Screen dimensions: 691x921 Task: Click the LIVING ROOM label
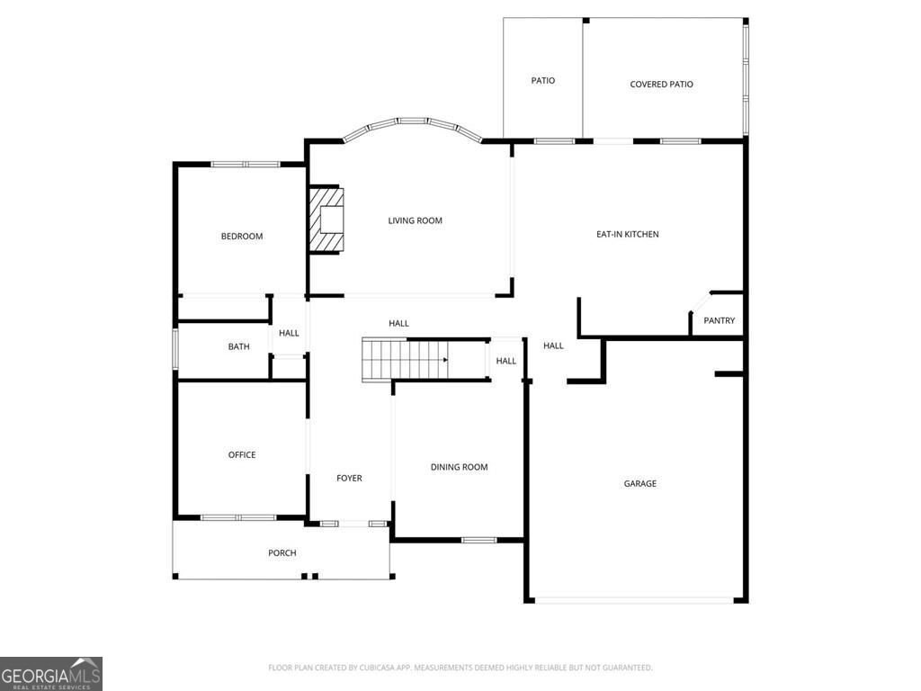(415, 220)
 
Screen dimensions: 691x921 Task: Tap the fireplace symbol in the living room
(326, 220)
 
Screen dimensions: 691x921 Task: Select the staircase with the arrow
(405, 360)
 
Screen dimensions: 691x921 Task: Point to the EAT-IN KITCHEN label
(628, 234)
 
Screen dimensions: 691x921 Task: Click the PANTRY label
(719, 320)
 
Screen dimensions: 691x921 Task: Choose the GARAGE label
(639, 483)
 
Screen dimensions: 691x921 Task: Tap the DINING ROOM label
(459, 467)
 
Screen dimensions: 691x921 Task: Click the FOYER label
(349, 478)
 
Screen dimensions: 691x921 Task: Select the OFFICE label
(242, 454)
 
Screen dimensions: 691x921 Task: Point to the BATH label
(238, 346)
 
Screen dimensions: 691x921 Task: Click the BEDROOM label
(242, 236)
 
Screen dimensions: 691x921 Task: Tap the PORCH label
(282, 552)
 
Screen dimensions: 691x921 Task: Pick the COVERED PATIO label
(661, 84)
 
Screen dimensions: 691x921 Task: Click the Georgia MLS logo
(51, 674)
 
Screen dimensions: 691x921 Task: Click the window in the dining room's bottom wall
(478, 540)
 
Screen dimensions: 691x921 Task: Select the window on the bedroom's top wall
(246, 164)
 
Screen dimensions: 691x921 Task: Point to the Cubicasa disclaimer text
(460, 668)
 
